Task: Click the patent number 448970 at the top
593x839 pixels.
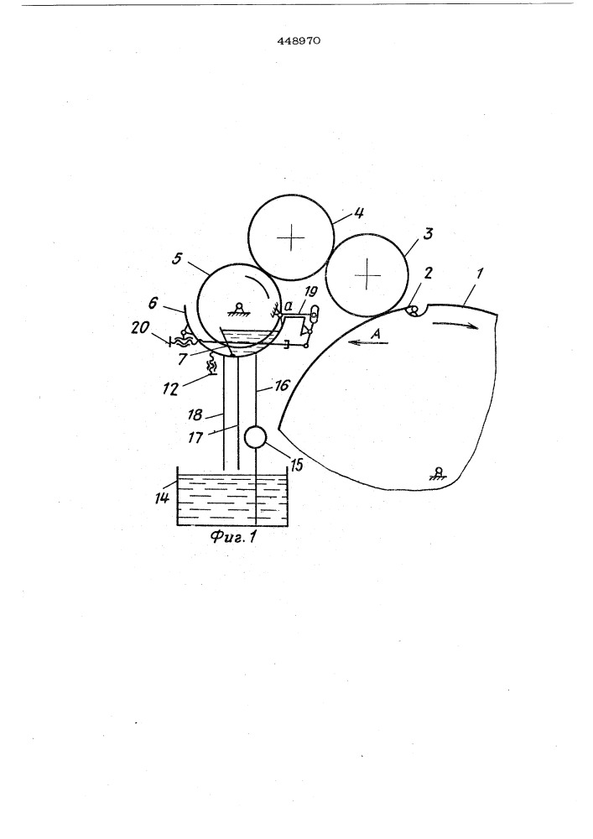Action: point(299,40)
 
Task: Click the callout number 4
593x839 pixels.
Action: point(359,213)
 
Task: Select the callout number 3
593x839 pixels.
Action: point(429,233)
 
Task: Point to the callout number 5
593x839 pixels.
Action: point(178,258)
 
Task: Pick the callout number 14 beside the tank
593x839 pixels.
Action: point(162,498)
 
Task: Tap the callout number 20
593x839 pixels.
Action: point(141,326)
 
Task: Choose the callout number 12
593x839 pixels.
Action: point(170,389)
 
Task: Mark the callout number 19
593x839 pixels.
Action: point(310,292)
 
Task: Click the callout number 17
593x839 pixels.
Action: point(195,437)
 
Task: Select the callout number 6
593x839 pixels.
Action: point(153,303)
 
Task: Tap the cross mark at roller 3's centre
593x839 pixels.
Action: point(367,274)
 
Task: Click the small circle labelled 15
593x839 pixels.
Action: point(256,437)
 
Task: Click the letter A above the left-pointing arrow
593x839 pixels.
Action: point(376,333)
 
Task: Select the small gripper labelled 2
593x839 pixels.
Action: point(414,310)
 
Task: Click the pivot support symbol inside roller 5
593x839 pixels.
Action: point(238,308)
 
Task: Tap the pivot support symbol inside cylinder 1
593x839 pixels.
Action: point(439,472)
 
